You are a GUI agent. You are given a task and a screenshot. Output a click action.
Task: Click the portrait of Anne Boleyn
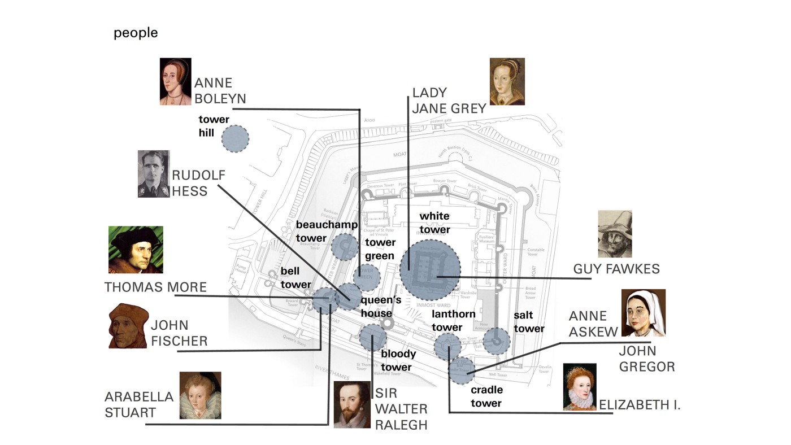(x=175, y=81)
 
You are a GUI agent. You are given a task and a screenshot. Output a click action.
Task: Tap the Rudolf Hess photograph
(x=154, y=174)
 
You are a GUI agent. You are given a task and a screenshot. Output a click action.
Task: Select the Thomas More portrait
(x=136, y=250)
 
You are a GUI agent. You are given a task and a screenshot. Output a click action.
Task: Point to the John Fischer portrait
(x=128, y=326)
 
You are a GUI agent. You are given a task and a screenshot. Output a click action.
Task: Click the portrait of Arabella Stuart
(x=200, y=395)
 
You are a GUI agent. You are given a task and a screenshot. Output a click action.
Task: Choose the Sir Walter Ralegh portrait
(x=351, y=405)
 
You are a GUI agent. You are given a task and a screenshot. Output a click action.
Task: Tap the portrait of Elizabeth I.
(x=580, y=387)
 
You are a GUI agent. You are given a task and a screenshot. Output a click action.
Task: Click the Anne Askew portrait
(x=643, y=313)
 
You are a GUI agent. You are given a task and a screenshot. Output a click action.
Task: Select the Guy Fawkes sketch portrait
(x=615, y=234)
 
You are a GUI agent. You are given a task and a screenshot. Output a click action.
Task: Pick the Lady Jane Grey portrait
(x=507, y=81)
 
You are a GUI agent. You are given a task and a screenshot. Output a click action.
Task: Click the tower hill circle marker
(x=235, y=139)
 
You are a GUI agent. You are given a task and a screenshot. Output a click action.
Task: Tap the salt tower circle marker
(x=496, y=341)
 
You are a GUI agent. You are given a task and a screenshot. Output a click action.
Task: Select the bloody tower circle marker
(x=373, y=338)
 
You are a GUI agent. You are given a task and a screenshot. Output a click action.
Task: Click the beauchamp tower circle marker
(x=345, y=247)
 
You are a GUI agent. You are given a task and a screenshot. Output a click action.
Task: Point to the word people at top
(x=136, y=33)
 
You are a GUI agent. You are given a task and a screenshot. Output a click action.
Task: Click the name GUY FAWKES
(x=616, y=269)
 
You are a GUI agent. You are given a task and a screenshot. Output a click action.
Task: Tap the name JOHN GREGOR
(x=647, y=359)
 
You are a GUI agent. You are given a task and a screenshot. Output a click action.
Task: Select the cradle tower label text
(x=486, y=396)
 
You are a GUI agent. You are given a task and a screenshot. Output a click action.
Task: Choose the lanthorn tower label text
(x=447, y=320)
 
